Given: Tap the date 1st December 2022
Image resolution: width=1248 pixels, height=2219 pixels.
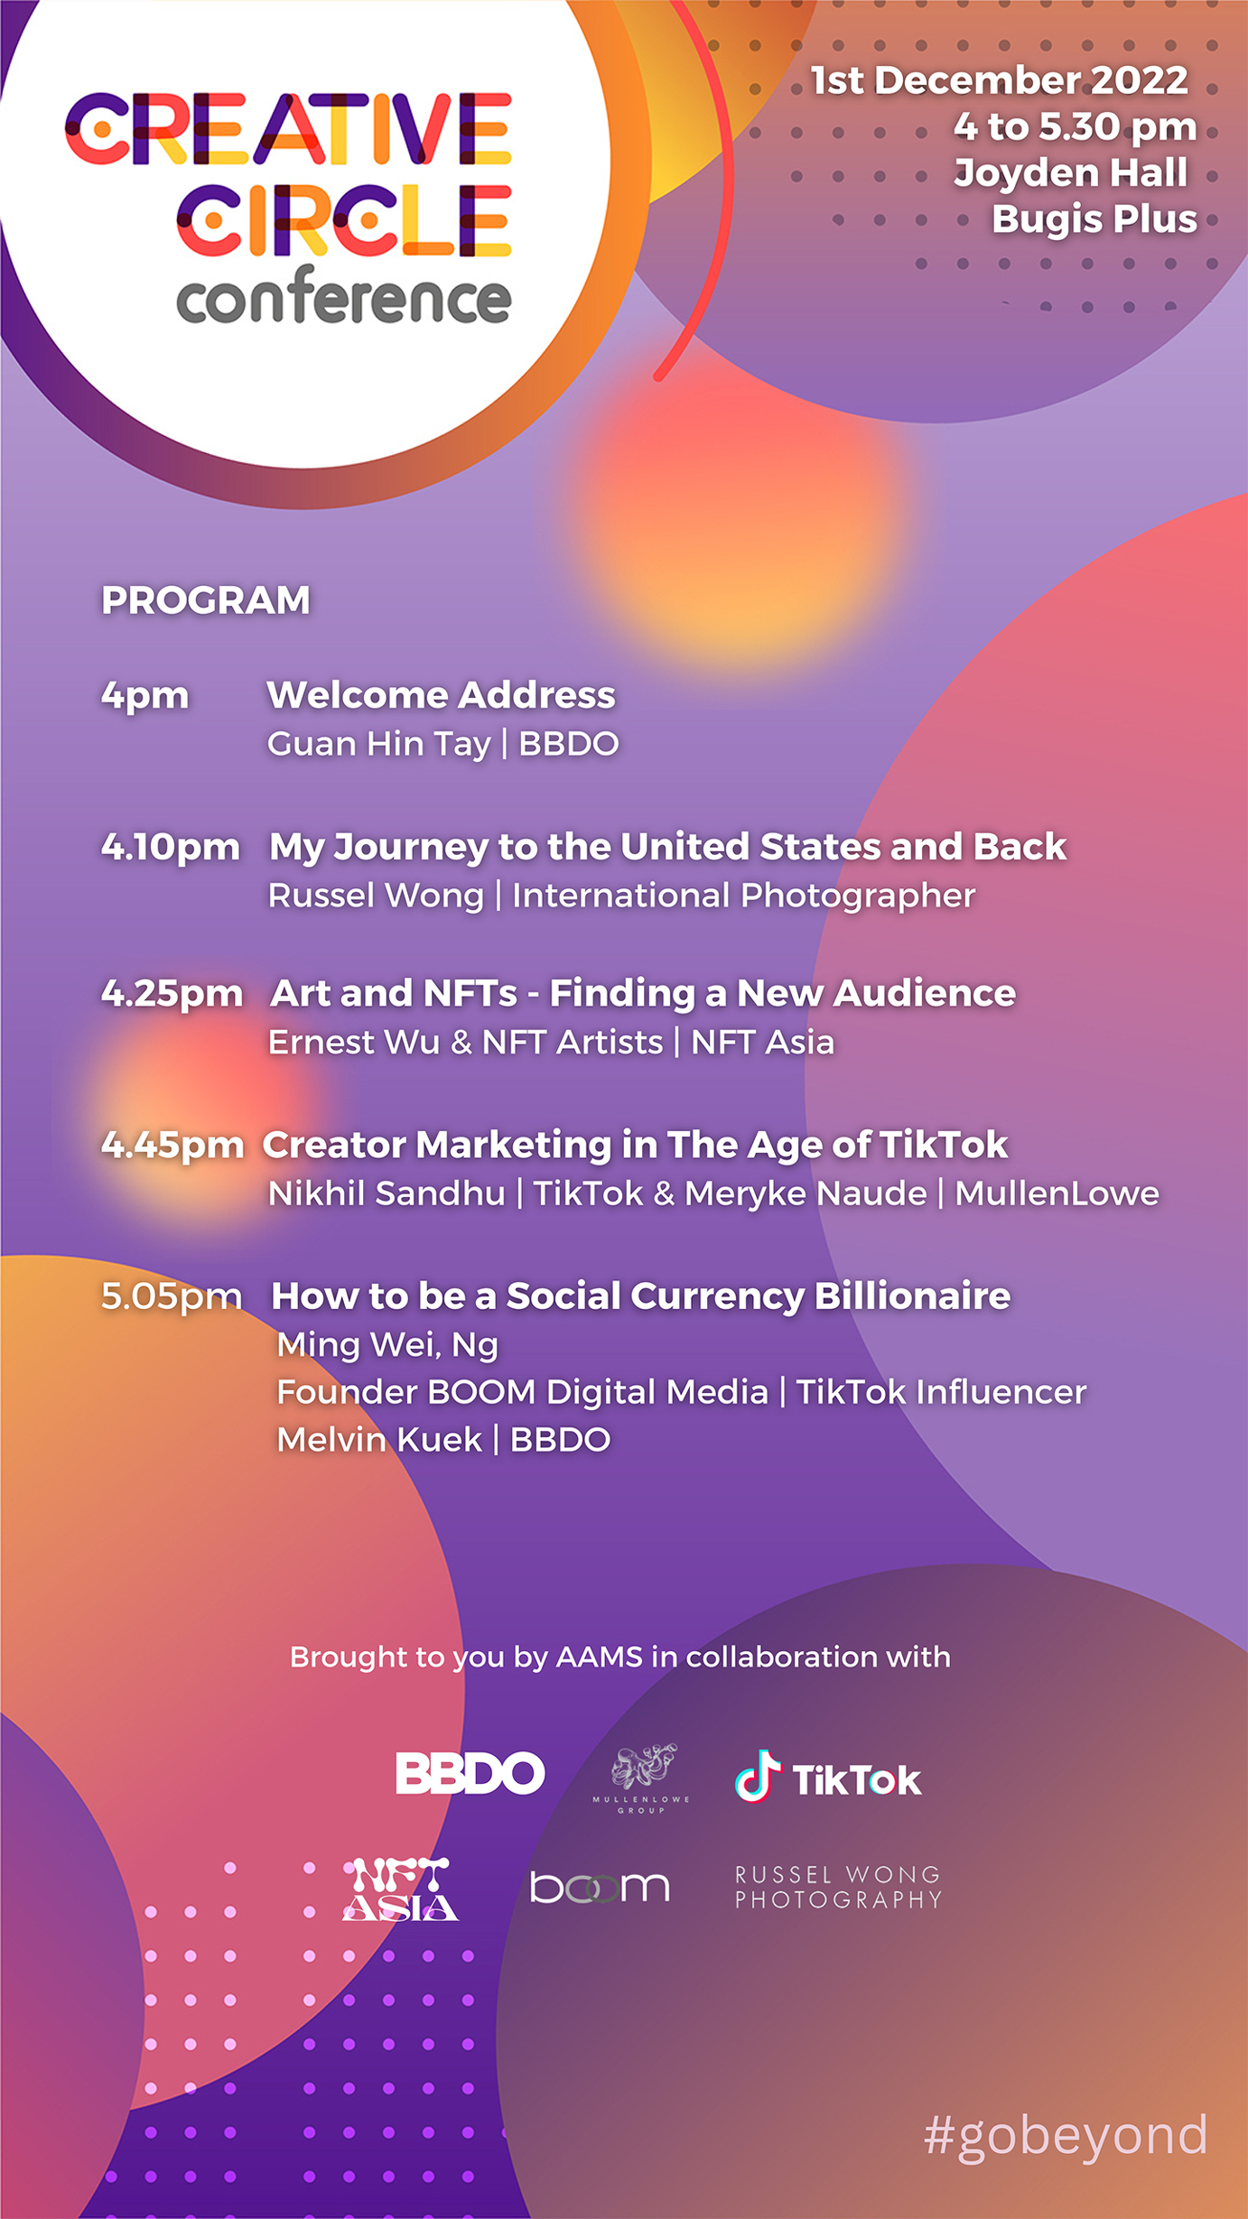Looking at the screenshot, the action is pyautogui.click(x=999, y=80).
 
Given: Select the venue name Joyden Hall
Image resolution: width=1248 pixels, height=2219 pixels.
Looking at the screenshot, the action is pyautogui.click(x=1071, y=172).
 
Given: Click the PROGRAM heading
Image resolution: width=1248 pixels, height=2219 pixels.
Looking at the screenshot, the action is pyautogui.click(x=206, y=600).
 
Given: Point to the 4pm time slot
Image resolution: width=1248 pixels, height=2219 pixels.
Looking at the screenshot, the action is pyautogui.click(x=145, y=697).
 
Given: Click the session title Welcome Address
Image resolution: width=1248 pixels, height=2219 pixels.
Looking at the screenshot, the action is pyautogui.click(x=442, y=695).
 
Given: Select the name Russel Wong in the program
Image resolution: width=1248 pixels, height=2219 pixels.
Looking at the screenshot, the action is pyautogui.click(x=377, y=896).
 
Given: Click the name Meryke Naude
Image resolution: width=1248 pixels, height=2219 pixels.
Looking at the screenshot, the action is pyautogui.click(x=806, y=1193).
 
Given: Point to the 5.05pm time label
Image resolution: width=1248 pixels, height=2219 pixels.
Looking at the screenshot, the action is pyautogui.click(x=172, y=1297).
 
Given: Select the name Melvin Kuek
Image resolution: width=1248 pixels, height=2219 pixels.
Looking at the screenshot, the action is pyautogui.click(x=379, y=1440).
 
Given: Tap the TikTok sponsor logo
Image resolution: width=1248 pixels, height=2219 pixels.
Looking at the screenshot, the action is pyautogui.click(x=828, y=1778).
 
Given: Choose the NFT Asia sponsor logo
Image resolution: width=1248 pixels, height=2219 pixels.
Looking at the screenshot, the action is pyautogui.click(x=400, y=1889).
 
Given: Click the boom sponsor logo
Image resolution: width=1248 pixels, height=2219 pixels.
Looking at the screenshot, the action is pyautogui.click(x=600, y=1887).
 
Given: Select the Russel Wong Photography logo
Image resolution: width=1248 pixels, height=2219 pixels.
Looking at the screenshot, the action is pyautogui.click(x=838, y=1887).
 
